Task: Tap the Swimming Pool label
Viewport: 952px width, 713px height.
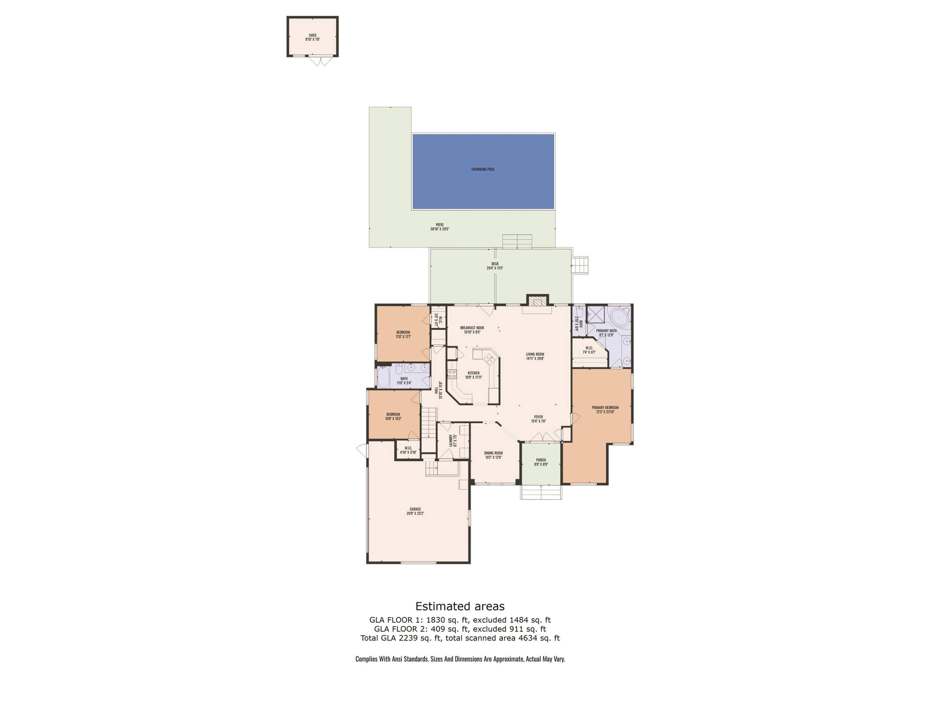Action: tap(483, 169)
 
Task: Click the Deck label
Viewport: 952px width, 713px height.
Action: tap(495, 264)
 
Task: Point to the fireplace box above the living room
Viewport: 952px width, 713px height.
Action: tap(538, 301)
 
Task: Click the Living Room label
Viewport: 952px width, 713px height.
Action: tap(535, 354)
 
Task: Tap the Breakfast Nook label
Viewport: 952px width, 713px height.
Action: tap(472, 328)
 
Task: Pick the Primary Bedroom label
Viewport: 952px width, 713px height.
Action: tap(605, 407)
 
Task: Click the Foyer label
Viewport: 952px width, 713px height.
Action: tap(539, 417)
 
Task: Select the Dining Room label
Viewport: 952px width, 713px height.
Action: tap(493, 453)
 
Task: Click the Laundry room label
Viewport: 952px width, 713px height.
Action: tap(451, 440)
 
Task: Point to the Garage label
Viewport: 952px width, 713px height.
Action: tap(415, 509)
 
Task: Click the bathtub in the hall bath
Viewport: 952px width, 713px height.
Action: tap(383, 377)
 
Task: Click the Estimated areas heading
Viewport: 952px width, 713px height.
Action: tap(459, 607)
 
